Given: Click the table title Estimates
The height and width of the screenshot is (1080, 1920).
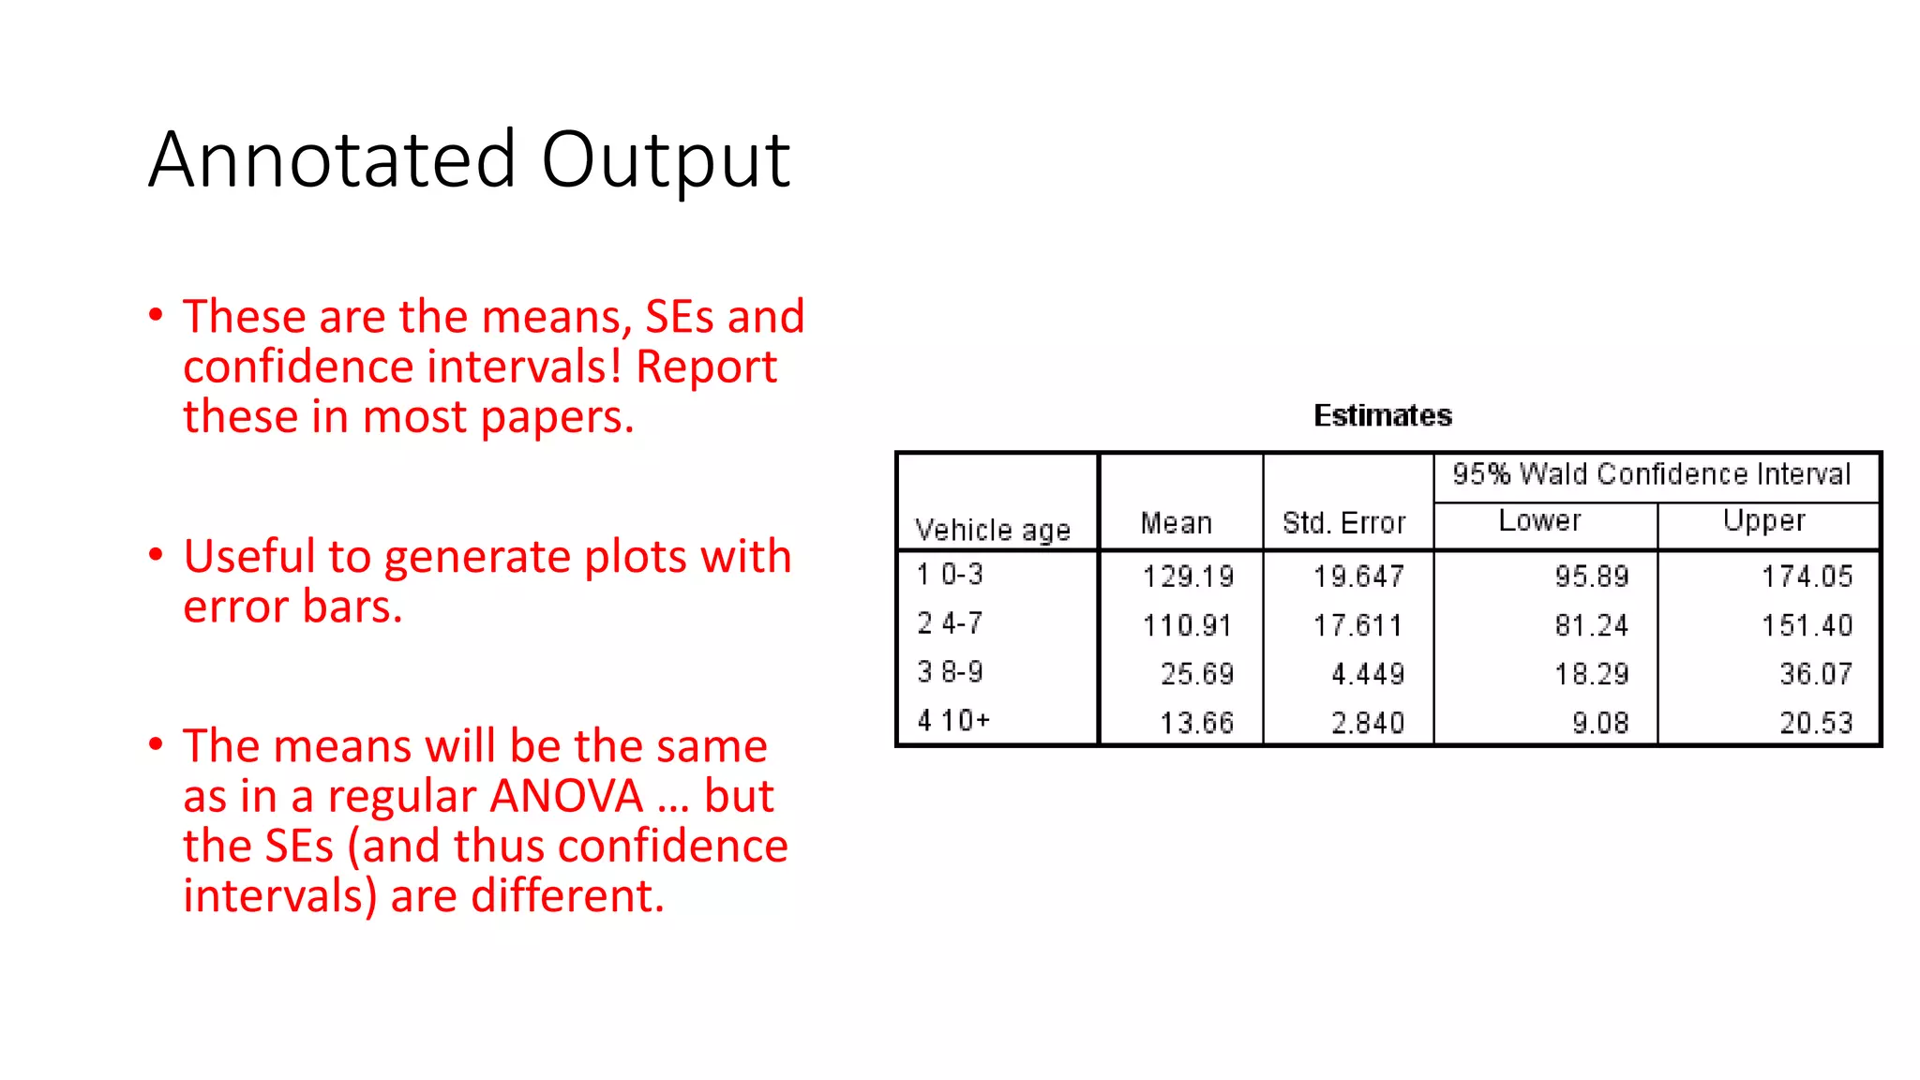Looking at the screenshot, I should tap(1382, 415).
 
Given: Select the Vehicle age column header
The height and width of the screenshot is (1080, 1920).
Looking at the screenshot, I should tap(992, 530).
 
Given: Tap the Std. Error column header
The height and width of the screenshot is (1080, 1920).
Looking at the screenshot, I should tap(1343, 523).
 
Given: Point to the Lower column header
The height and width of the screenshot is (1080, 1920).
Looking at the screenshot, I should tap(1539, 521).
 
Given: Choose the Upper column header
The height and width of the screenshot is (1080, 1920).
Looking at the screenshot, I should tap(1763, 521).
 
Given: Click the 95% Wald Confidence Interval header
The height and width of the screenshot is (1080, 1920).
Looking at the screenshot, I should tap(1651, 474).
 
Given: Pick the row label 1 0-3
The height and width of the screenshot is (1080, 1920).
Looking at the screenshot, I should tap(950, 575).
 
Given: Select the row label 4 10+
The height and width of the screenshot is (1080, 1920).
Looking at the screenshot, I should tap(953, 720).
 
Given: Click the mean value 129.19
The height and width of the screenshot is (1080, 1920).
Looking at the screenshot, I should tap(1188, 577).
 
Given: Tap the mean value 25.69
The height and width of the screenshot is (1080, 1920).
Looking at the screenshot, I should tap(1197, 674).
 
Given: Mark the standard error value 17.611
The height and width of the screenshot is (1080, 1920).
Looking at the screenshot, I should tap(1357, 625).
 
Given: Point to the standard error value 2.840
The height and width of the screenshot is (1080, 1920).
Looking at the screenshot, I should tap(1368, 723).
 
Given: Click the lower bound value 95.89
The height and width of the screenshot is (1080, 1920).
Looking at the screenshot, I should tap(1591, 577).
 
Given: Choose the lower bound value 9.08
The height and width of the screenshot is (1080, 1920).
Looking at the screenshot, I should tap(1600, 723).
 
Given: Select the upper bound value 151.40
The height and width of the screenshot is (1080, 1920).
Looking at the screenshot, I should tap(1807, 625).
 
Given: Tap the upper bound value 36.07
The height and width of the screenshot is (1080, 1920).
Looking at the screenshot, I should tap(1816, 674).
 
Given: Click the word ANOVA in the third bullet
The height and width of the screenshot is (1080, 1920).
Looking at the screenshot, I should tap(566, 797).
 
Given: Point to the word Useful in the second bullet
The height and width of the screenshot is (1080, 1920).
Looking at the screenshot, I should tap(248, 557).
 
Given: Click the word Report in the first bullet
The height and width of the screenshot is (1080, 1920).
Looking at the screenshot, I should tap(706, 367).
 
